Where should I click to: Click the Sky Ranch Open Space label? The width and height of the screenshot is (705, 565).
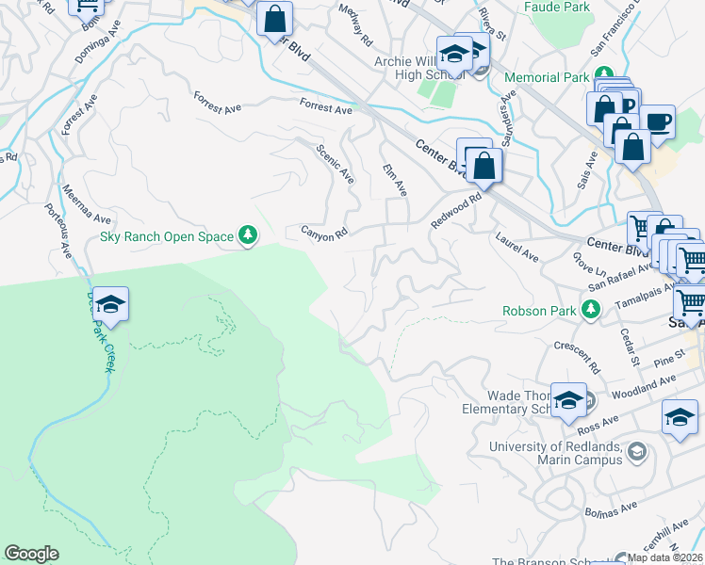click(x=167, y=235)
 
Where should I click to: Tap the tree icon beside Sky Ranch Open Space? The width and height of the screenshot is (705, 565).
click(x=248, y=234)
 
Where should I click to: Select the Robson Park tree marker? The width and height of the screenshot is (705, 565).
click(x=591, y=308)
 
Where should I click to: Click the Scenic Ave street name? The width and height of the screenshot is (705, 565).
click(x=336, y=164)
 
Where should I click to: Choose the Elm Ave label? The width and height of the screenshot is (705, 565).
click(x=395, y=179)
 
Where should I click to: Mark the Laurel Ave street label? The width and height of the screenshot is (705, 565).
click(x=516, y=248)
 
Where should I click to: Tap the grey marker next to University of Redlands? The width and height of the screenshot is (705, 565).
click(x=637, y=452)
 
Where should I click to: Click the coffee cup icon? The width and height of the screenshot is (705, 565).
click(x=657, y=121)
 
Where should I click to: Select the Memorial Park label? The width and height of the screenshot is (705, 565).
click(x=546, y=77)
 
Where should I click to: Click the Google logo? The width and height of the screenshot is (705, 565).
click(x=31, y=554)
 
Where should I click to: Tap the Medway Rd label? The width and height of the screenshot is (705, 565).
click(x=360, y=31)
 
